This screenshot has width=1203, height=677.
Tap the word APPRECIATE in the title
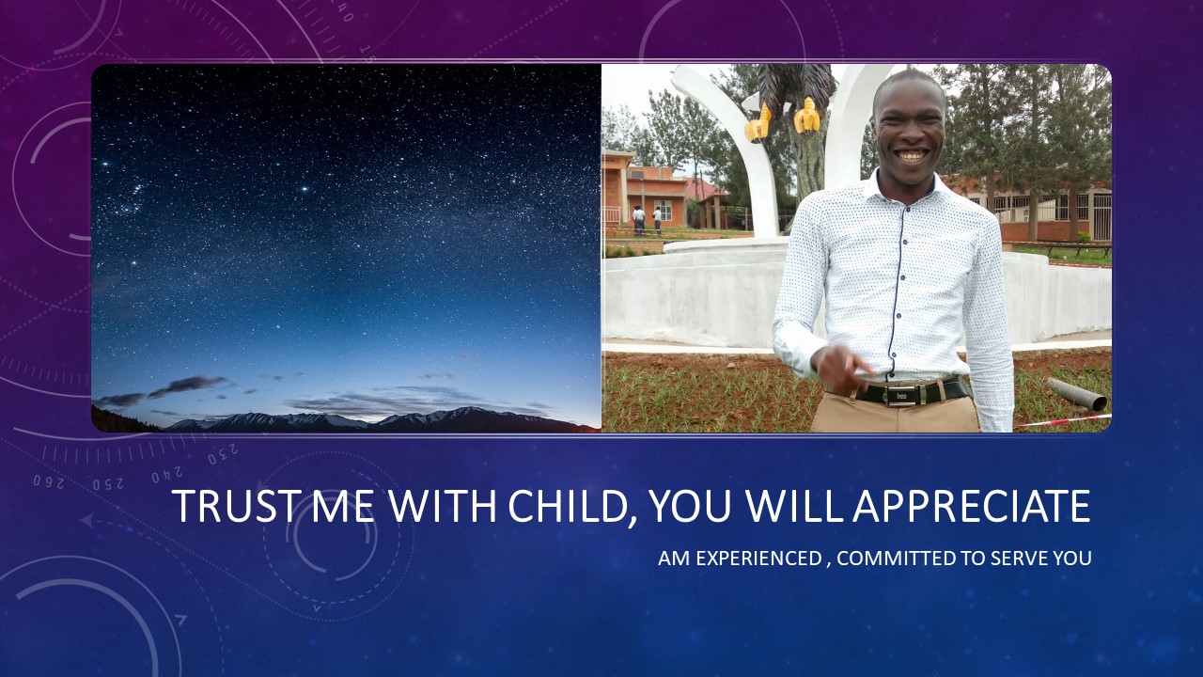tap(972, 506)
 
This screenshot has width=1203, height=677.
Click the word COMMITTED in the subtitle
tap(897, 559)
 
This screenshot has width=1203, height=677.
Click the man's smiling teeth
tap(912, 156)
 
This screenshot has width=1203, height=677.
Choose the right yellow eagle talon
tap(806, 116)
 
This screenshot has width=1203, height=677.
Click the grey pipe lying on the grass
tap(1076, 394)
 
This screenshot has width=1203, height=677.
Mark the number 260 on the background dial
tap(49, 480)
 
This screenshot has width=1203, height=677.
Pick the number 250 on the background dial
tap(108, 484)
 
